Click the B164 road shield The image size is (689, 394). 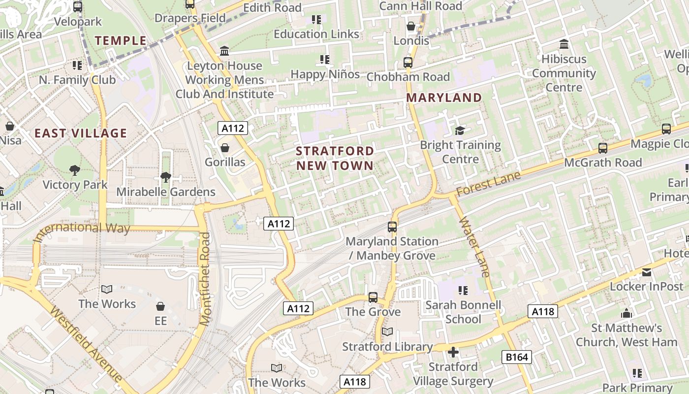pyautogui.click(x=517, y=357)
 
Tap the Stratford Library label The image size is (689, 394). pyautogui.click(x=387, y=347)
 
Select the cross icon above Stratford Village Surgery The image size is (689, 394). pyautogui.click(x=453, y=352)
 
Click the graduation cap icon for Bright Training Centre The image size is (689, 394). pyautogui.click(x=460, y=131)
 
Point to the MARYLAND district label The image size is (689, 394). pyautogui.click(x=444, y=98)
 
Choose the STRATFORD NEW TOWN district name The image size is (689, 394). pyautogui.click(x=335, y=158)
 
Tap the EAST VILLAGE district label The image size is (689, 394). pyautogui.click(x=81, y=133)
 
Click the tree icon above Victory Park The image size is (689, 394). pyautogui.click(x=75, y=170)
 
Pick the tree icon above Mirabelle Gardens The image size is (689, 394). pyautogui.click(x=166, y=177)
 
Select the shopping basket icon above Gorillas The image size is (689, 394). pyautogui.click(x=225, y=148)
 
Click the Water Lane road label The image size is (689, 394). pyautogui.click(x=474, y=246)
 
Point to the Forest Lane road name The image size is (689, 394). pyautogui.click(x=488, y=183)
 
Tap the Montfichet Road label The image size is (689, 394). pyautogui.click(x=205, y=278)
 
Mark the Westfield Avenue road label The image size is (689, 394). pyautogui.click(x=86, y=345)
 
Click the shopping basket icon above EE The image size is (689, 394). pyautogui.click(x=160, y=306)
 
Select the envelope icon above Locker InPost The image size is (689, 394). pyautogui.click(x=647, y=272)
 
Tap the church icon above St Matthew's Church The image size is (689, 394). pyautogui.click(x=626, y=313)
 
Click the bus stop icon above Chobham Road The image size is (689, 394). pyautogui.click(x=408, y=63)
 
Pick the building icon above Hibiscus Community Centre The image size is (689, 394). pyautogui.click(x=564, y=44)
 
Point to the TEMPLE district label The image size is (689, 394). pyautogui.click(x=121, y=41)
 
